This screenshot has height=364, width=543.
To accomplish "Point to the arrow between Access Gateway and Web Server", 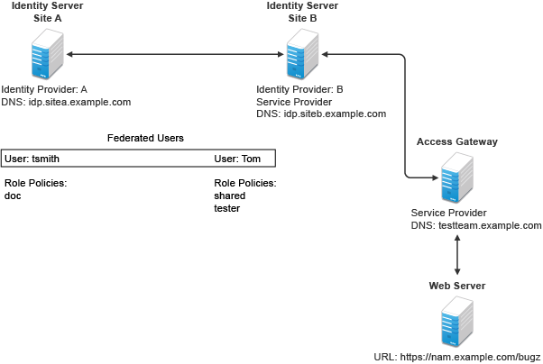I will click(457, 259).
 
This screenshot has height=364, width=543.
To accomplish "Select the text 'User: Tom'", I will click(237, 159).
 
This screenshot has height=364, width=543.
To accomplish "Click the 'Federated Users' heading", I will click(145, 138).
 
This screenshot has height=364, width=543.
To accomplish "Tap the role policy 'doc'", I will click(13, 196).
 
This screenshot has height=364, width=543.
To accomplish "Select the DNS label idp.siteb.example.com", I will click(321, 114).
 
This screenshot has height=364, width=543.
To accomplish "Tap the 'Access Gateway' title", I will click(456, 142).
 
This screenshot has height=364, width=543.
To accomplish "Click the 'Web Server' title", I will click(456, 286).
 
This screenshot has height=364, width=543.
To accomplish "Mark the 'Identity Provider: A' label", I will click(45, 90).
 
